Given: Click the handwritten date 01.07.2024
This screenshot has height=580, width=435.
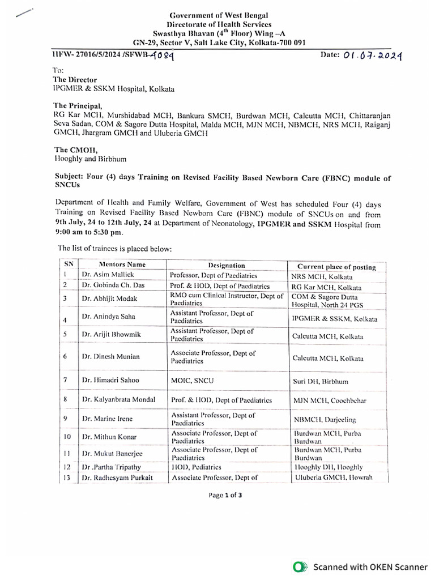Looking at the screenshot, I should point(373,56).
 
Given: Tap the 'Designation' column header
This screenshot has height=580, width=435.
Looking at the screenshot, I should point(227,265).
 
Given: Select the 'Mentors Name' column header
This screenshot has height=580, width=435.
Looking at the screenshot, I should point(122,265).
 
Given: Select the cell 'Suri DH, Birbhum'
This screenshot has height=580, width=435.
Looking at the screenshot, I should point(320,382).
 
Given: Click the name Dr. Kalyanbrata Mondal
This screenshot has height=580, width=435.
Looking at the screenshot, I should point(118,400).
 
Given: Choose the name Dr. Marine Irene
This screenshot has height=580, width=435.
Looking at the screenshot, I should point(107,419).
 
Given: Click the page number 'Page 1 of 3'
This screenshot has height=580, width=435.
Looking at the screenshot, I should point(225,494).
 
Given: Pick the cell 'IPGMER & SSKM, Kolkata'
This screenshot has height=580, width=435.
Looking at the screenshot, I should point(334,319).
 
